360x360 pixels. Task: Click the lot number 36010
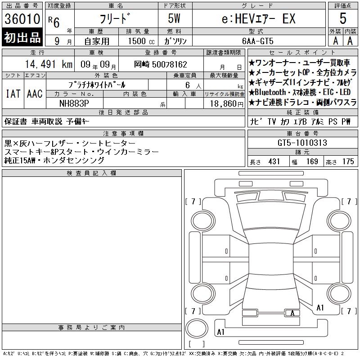click(x=22, y=19)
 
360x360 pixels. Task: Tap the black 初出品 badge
click(x=22, y=37)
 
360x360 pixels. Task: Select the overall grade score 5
click(x=343, y=18)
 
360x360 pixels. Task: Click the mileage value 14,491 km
click(x=49, y=64)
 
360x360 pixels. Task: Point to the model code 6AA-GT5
click(x=257, y=41)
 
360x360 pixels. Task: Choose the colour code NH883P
click(x=74, y=103)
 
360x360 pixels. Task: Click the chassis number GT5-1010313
click(x=302, y=143)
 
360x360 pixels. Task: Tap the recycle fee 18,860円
click(x=226, y=104)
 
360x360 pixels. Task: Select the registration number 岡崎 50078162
click(x=161, y=64)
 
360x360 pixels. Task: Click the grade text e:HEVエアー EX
click(x=258, y=18)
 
